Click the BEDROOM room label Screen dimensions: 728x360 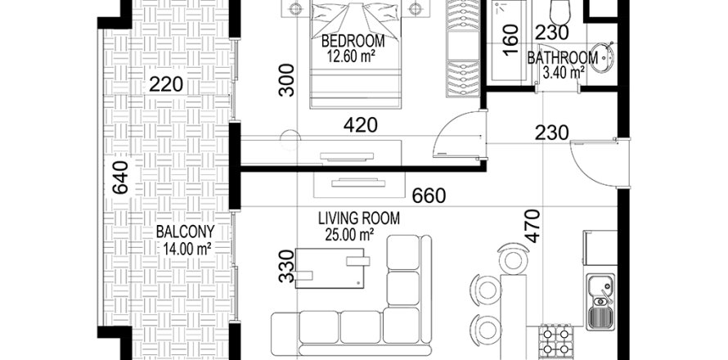[x=353, y=42]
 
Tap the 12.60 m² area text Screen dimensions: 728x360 [x=351, y=56]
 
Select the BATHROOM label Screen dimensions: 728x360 [x=562, y=59]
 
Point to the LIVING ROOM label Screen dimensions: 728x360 [x=359, y=218]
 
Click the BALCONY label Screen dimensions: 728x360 [x=185, y=232]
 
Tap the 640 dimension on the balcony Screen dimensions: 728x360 [x=120, y=178]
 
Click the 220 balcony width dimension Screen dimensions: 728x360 [x=166, y=85]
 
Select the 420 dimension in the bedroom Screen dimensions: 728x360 [x=360, y=125]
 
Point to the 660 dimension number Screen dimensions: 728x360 [x=429, y=196]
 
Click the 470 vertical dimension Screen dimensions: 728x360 [x=533, y=226]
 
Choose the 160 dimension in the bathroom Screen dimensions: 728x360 [x=510, y=40]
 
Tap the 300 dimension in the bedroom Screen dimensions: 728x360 [x=287, y=80]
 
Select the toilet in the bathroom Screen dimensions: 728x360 [x=559, y=11]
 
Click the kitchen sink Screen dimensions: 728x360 [x=600, y=302]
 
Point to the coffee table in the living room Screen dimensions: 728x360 [x=330, y=268]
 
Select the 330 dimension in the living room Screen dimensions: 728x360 [x=287, y=266]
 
